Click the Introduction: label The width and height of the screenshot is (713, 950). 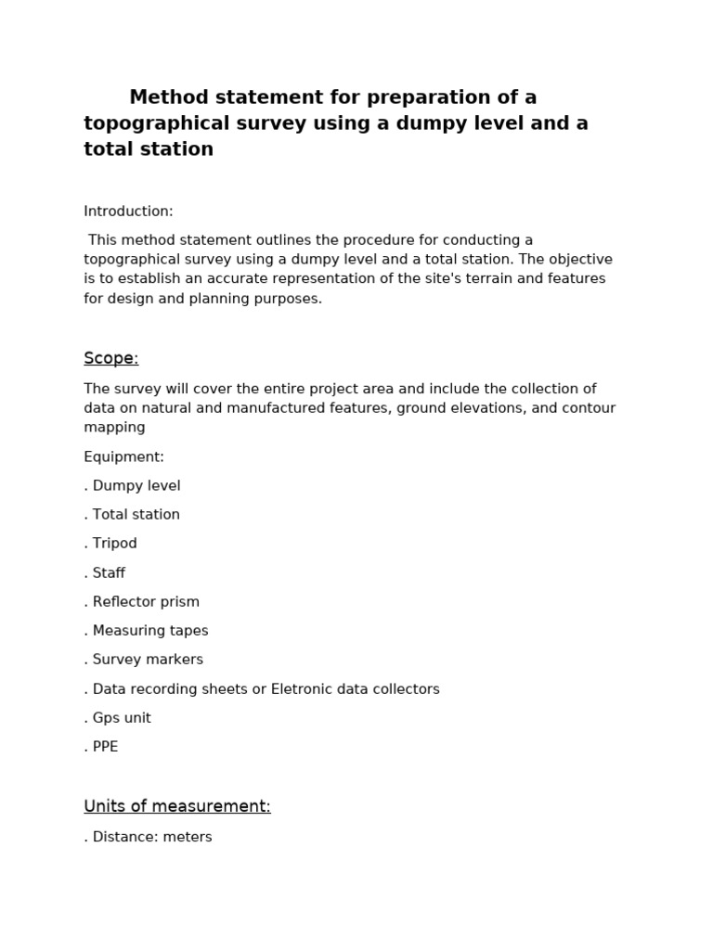click(128, 212)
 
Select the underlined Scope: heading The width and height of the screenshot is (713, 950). click(110, 358)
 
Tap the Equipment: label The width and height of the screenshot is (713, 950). click(123, 456)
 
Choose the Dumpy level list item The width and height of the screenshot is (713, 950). click(136, 485)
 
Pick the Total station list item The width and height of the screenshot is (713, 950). click(136, 514)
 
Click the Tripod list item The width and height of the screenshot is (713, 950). click(114, 543)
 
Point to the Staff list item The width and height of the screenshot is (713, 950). click(109, 572)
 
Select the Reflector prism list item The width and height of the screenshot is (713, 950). click(145, 601)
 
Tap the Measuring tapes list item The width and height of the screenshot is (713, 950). click(149, 630)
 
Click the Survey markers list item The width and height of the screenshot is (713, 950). click(147, 659)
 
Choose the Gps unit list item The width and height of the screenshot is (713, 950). click(121, 717)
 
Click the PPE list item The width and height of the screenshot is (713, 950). click(105, 746)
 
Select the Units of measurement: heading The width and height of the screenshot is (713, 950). click(177, 806)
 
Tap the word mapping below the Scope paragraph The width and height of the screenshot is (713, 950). click(114, 427)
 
